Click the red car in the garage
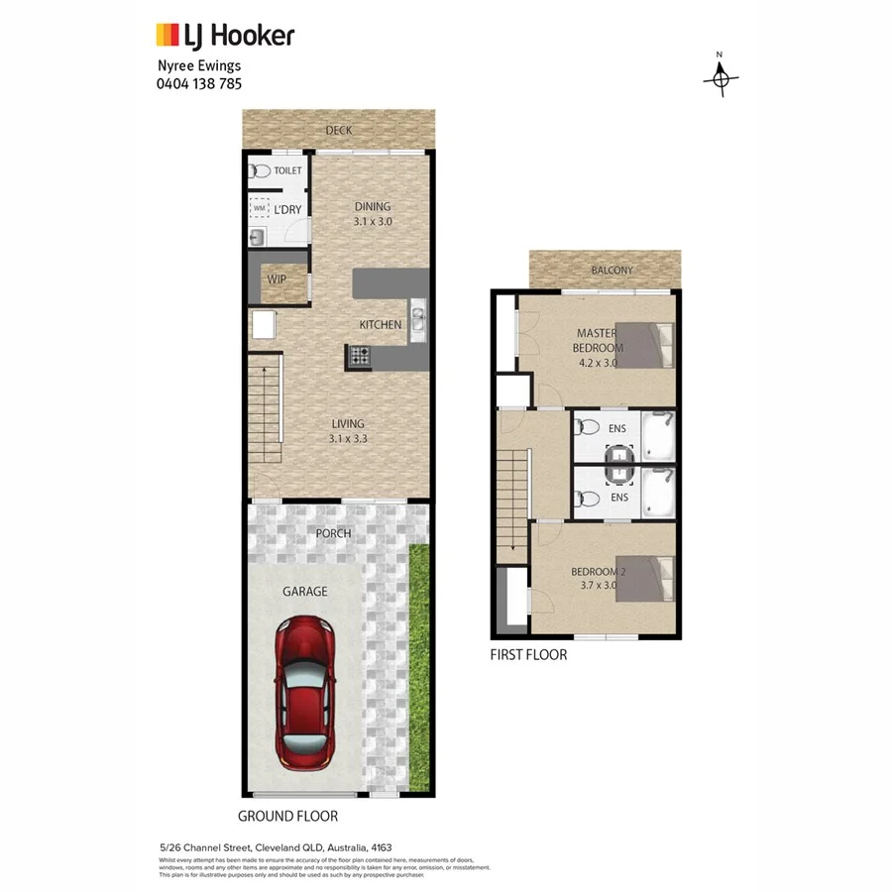point(304,693)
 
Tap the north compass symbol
point(721,77)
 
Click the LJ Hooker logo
point(225,36)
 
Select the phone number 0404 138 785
point(199,84)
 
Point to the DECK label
point(339,130)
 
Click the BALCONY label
point(612,271)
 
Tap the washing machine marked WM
point(260,209)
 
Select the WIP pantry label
point(277,279)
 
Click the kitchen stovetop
point(358,354)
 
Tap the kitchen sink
point(418,318)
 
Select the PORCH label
point(333,533)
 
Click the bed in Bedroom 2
point(652,578)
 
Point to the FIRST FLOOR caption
point(529,654)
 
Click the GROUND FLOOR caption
point(287,816)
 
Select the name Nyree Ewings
point(199,66)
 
